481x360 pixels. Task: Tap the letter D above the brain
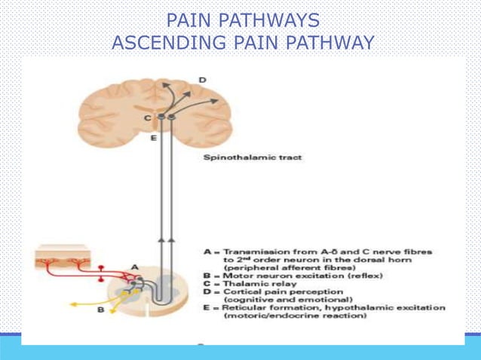(201, 79)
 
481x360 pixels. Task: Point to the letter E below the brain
(154, 139)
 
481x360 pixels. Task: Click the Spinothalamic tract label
(243, 159)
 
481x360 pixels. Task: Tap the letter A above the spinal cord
(135, 267)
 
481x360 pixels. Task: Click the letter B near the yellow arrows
(103, 307)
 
